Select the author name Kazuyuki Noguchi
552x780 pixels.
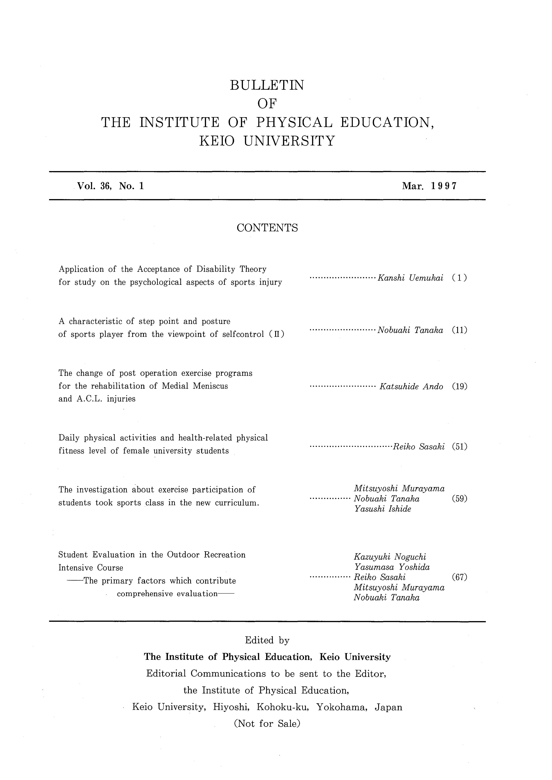coord(390,557)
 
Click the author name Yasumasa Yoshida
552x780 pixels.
coord(392,567)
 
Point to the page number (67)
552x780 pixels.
coord(459,577)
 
